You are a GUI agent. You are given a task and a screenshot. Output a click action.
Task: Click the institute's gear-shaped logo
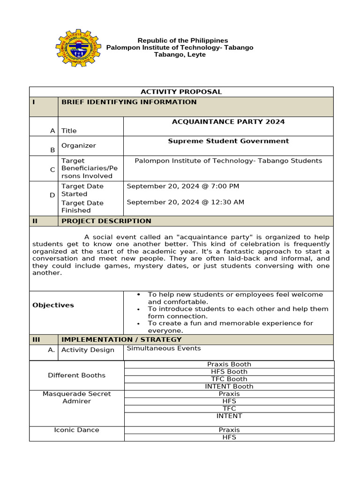coord(78,48)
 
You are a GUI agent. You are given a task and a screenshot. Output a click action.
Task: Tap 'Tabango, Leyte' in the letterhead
coord(180,54)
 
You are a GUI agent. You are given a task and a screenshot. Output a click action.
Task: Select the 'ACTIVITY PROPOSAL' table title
coord(181,92)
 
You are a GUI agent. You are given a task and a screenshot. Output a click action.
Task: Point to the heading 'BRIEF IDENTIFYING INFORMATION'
coord(129,102)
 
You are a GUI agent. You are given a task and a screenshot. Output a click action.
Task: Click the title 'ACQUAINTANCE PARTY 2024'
coord(228,122)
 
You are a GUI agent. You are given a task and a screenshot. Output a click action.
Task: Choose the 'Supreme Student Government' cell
coord(228,141)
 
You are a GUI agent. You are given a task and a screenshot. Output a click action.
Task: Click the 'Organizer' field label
coord(79,146)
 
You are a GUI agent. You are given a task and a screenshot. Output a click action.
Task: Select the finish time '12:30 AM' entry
coord(225,202)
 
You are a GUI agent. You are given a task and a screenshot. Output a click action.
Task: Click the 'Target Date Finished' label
coord(82,207)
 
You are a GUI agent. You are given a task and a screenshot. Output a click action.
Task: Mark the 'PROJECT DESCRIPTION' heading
coord(106,221)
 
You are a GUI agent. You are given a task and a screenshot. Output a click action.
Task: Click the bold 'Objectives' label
coord(53,305)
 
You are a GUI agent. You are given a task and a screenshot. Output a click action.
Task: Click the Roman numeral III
coord(37,339)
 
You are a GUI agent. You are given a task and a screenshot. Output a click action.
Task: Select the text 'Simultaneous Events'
coord(164,348)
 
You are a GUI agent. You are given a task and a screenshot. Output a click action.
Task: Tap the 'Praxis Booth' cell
coord(229,364)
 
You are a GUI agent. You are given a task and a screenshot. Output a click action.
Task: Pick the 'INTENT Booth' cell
coord(229,386)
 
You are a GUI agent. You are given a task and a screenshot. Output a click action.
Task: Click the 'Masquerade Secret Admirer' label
coord(77,397)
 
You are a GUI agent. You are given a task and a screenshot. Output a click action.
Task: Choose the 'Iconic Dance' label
coord(77,430)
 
